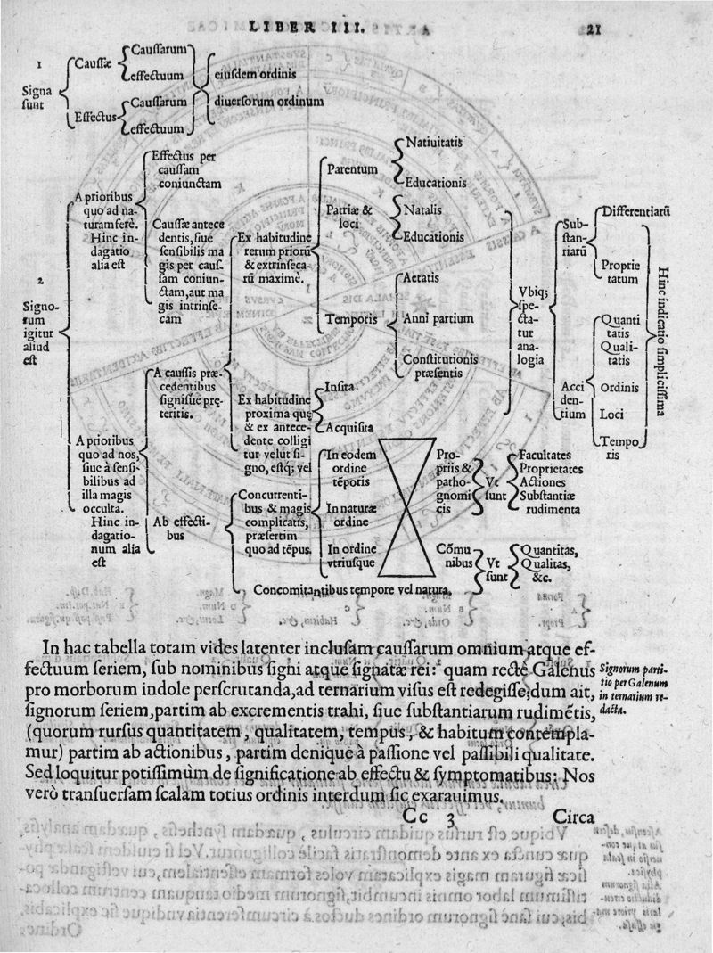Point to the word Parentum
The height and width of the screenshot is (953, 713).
(x=352, y=168)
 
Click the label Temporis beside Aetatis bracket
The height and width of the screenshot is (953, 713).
(x=350, y=318)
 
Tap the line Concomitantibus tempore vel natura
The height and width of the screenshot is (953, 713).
(x=352, y=590)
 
